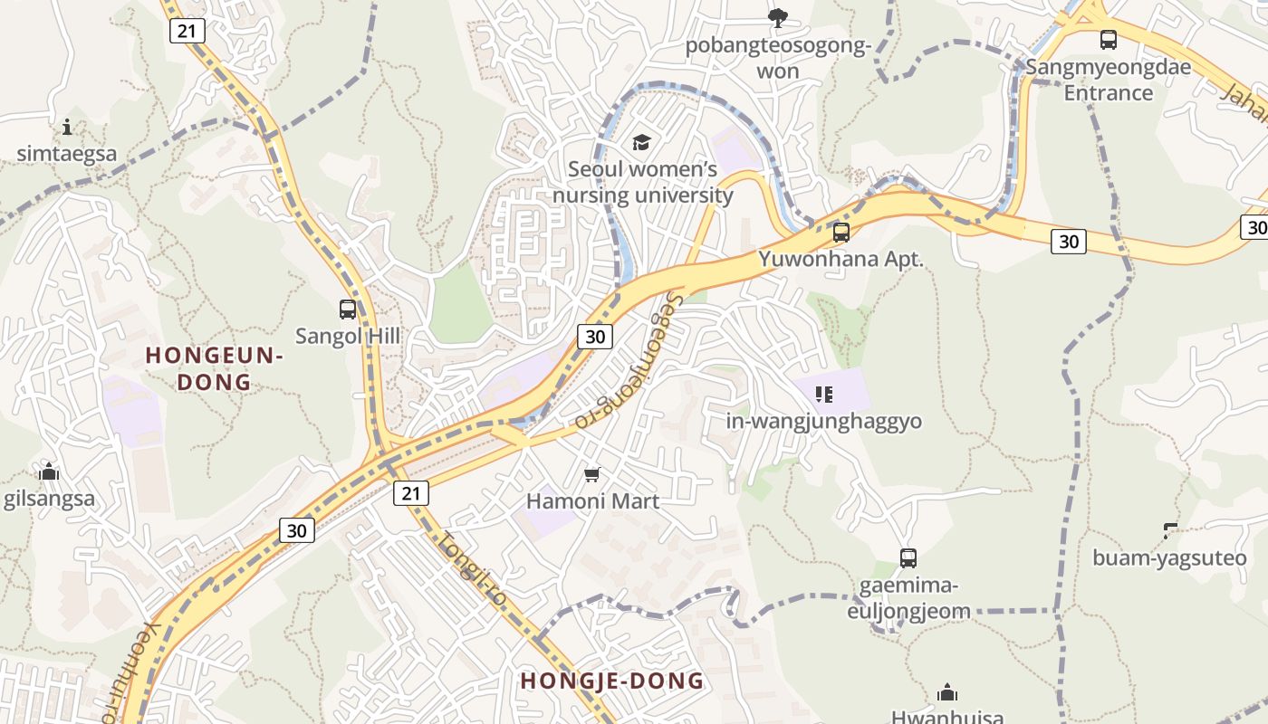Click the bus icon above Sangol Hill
pyautogui.click(x=348, y=310)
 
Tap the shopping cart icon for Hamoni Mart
pyautogui.click(x=592, y=474)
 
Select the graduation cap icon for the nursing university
pyautogui.click(x=642, y=142)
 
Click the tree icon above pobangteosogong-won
pyautogui.click(x=777, y=16)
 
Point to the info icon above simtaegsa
pyautogui.click(x=67, y=127)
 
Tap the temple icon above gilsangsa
pyautogui.click(x=49, y=472)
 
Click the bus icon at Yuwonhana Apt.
pyautogui.click(x=841, y=233)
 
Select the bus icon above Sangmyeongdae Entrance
pyautogui.click(x=1109, y=40)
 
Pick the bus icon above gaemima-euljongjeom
pyautogui.click(x=908, y=558)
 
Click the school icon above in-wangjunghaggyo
pyautogui.click(x=823, y=394)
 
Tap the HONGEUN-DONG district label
pyautogui.click(x=215, y=368)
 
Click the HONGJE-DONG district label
pyautogui.click(x=612, y=681)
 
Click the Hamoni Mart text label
pyautogui.click(x=592, y=500)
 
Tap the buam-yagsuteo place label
pyautogui.click(x=1169, y=557)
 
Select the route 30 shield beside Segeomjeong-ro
pyautogui.click(x=595, y=337)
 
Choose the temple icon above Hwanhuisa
pyautogui.click(x=947, y=693)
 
